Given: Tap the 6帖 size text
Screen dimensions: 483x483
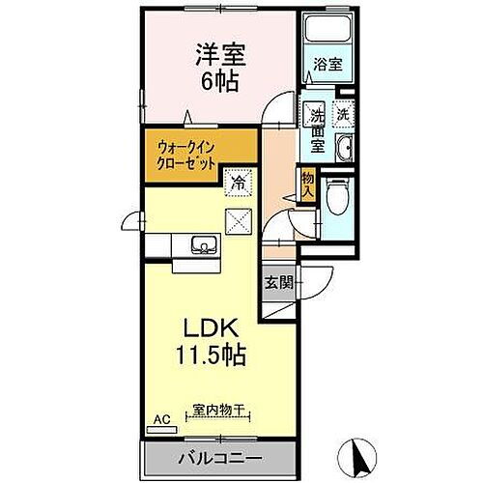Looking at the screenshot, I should click(219, 80).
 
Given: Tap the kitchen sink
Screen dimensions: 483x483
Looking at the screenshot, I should click(203, 245).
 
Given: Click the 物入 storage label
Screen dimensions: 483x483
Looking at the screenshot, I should click(308, 184).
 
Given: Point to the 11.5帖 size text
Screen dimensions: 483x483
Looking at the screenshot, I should click(211, 354).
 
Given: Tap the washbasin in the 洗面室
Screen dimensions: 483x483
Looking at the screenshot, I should click(345, 148).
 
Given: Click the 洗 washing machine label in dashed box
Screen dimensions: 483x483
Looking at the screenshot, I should click(343, 111).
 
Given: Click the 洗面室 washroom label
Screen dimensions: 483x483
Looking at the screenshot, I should click(316, 130).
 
